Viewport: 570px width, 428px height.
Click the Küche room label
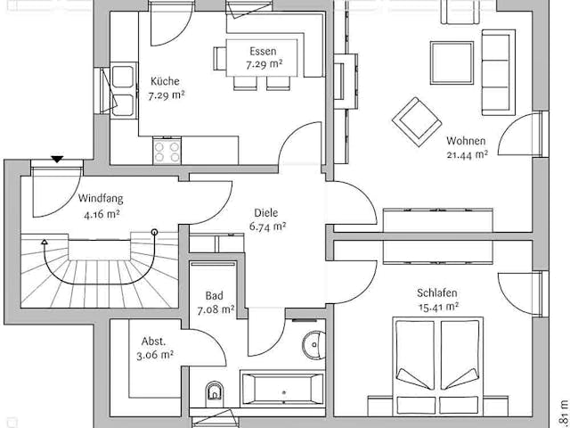pyautogui.click(x=164, y=80)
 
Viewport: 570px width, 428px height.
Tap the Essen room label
pyautogui.click(x=263, y=51)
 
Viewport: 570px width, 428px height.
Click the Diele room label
pyautogui.click(x=265, y=213)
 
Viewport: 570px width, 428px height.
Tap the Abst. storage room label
pyautogui.click(x=153, y=341)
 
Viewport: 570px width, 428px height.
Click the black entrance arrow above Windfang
pyautogui.click(x=58, y=160)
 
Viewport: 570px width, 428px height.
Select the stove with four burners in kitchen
pyautogui.click(x=165, y=150)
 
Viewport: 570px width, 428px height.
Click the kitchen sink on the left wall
pyautogui.click(x=122, y=80)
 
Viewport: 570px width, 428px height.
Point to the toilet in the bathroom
pyautogui.click(x=214, y=391)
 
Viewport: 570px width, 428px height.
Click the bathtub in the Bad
pyautogui.click(x=283, y=390)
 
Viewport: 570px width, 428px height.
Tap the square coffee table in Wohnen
pyautogui.click(x=452, y=61)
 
